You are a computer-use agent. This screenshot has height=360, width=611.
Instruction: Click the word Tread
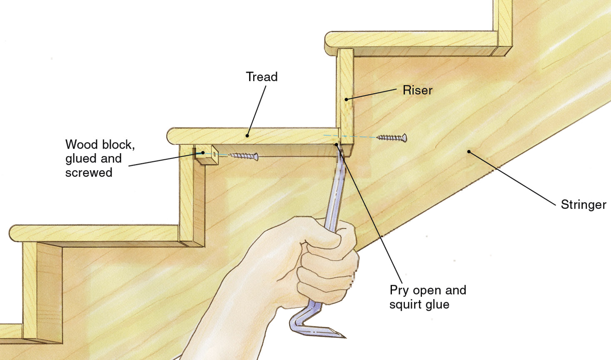pos(262,77)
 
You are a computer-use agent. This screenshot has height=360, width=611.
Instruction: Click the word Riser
pos(417,90)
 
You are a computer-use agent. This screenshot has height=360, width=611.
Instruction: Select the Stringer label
pos(583,205)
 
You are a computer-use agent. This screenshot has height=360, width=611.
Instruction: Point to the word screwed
pos(89,172)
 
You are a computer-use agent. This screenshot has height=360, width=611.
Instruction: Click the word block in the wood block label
pos(118,145)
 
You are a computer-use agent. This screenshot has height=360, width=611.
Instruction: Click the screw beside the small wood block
pos(244,156)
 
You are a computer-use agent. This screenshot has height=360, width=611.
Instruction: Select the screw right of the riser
pos(392,138)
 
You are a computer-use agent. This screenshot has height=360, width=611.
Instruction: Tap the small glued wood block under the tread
pos(207,156)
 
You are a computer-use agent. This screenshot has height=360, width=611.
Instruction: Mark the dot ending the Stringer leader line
pos(469,152)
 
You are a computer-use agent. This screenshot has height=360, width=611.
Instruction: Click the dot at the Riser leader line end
pos(346,99)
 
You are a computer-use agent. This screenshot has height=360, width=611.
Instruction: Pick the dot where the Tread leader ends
pos(247,136)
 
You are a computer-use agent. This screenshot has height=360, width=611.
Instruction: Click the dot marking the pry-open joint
pos(337,145)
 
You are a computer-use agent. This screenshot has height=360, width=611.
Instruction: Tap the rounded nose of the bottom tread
pos(12,233)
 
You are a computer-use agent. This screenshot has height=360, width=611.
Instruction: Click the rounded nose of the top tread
pos(329,42)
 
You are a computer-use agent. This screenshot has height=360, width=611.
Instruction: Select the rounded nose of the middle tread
pos(170,136)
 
